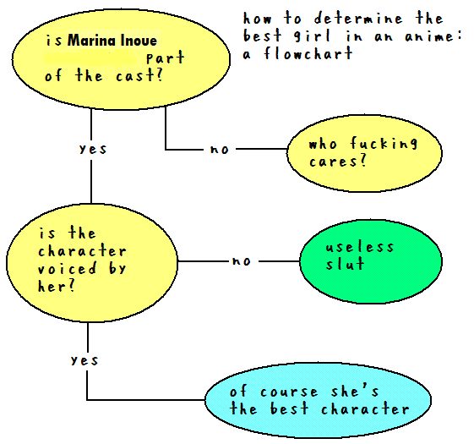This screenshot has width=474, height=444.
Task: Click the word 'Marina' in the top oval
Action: [x=91, y=41]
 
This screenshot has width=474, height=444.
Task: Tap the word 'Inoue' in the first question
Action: [x=139, y=41]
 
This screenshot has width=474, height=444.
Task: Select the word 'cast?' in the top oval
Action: [x=139, y=74]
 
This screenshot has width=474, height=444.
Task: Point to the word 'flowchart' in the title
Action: [x=308, y=53]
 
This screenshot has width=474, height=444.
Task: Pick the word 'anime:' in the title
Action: [x=433, y=36]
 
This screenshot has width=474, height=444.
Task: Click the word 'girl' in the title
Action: [x=313, y=36]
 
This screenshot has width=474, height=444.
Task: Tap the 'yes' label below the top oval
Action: [x=93, y=149]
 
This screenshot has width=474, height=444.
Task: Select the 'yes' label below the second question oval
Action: [x=84, y=360]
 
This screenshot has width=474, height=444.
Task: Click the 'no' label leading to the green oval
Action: [x=242, y=261]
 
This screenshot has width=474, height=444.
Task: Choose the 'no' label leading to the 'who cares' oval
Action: [x=220, y=149]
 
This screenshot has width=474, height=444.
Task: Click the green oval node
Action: [x=371, y=261]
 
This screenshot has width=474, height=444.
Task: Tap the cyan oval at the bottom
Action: [x=318, y=400]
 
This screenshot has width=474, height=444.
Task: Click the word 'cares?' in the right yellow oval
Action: [x=338, y=161]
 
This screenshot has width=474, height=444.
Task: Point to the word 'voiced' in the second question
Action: [x=68, y=268]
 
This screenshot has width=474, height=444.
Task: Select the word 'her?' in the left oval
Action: [x=57, y=285]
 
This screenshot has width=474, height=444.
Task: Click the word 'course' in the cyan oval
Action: [x=289, y=392]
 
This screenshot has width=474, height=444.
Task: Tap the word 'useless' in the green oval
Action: [x=360, y=246]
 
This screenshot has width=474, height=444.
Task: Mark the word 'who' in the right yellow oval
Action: [x=323, y=144]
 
